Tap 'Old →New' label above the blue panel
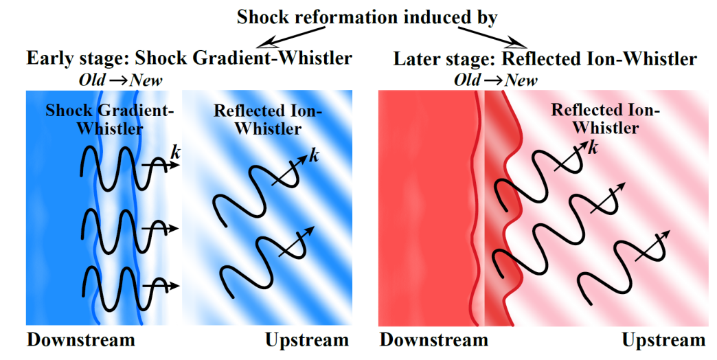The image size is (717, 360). coord(120,80)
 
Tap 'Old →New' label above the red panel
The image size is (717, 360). coord(495,80)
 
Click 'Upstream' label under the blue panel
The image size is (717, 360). coord(306,340)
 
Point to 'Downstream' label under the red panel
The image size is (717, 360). coord(433,340)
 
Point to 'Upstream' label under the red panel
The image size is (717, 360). coord(663,340)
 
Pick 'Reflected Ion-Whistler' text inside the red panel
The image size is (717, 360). coord(605,118)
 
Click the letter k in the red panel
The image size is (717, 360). coord(591,148)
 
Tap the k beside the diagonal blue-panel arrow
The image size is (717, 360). coord(315,155)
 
